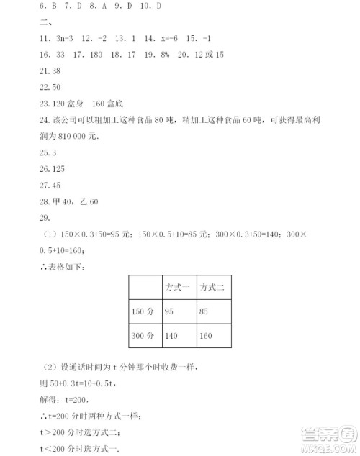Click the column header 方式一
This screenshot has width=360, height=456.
pos(178,287)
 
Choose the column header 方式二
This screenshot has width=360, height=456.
pos(214,287)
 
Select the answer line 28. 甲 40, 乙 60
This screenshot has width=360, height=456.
pos(68,201)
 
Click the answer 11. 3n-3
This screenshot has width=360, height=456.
pos(57,38)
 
